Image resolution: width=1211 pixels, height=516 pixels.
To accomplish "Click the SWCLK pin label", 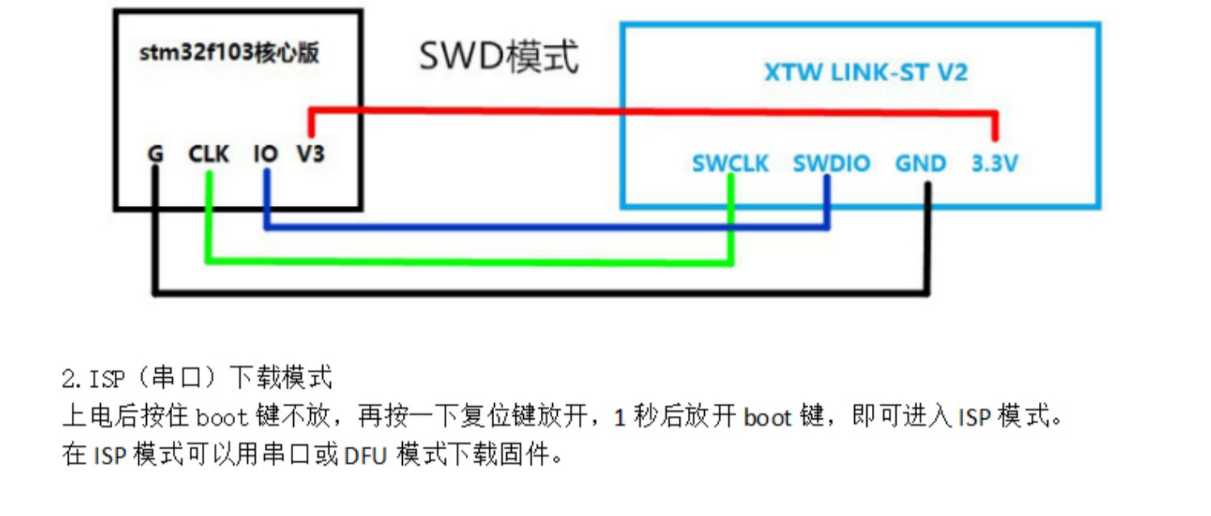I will click(730, 164).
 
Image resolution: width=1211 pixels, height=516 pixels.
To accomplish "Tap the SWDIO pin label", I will click(831, 164).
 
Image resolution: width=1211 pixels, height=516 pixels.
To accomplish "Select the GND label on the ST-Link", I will click(920, 164).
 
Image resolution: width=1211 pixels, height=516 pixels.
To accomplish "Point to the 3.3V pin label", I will click(995, 164).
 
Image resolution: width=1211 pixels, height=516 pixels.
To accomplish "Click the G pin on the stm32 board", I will click(156, 153).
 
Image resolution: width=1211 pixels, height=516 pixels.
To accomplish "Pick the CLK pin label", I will click(209, 153).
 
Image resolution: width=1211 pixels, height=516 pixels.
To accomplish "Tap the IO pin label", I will click(266, 153).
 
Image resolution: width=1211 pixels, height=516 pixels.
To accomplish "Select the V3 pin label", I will click(310, 153).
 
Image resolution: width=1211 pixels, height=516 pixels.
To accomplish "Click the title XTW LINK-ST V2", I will click(865, 73).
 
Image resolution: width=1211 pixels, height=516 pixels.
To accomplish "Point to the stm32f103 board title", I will click(229, 54).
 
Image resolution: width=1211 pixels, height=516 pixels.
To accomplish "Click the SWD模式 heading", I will click(498, 58).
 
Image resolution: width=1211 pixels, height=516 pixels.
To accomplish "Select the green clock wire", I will click(468, 261).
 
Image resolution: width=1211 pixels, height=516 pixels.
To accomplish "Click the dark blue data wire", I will click(549, 228).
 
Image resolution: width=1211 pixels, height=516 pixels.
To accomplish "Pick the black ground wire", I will click(541, 292).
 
